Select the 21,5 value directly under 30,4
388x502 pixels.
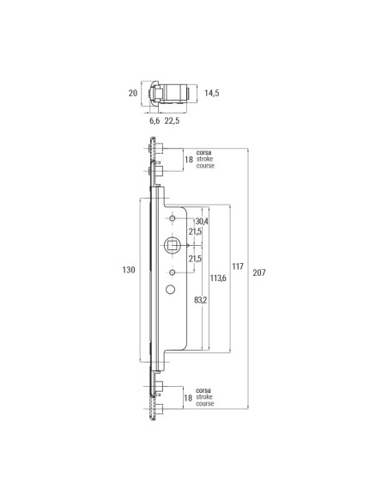pyautogui.click(x=196, y=233)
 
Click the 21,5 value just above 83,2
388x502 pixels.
pyautogui.click(x=196, y=259)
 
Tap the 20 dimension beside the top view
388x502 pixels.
pyautogui.click(x=132, y=93)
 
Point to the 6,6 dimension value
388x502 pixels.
pyautogui.click(x=155, y=121)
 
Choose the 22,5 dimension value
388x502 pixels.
pyautogui.click(x=173, y=121)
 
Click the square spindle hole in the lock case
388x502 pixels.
pyautogui.click(x=173, y=246)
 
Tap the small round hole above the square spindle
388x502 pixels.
pyautogui.click(x=173, y=220)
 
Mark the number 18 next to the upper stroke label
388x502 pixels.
pyautogui.click(x=188, y=159)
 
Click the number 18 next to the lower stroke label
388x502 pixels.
pyautogui.click(x=188, y=397)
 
